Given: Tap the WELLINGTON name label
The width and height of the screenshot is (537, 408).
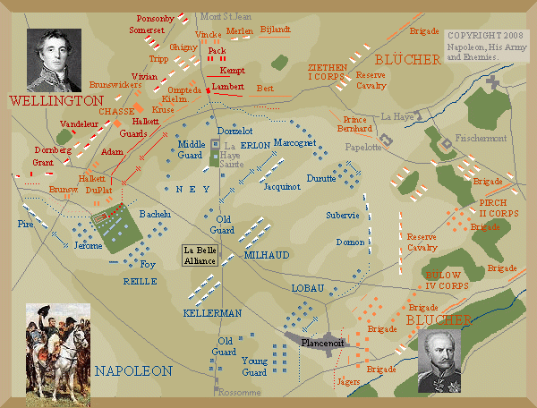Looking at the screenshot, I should (x=45, y=102).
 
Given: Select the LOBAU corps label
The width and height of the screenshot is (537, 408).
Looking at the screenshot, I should (x=305, y=288).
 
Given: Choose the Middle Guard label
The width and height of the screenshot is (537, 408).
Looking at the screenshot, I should (x=192, y=150).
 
